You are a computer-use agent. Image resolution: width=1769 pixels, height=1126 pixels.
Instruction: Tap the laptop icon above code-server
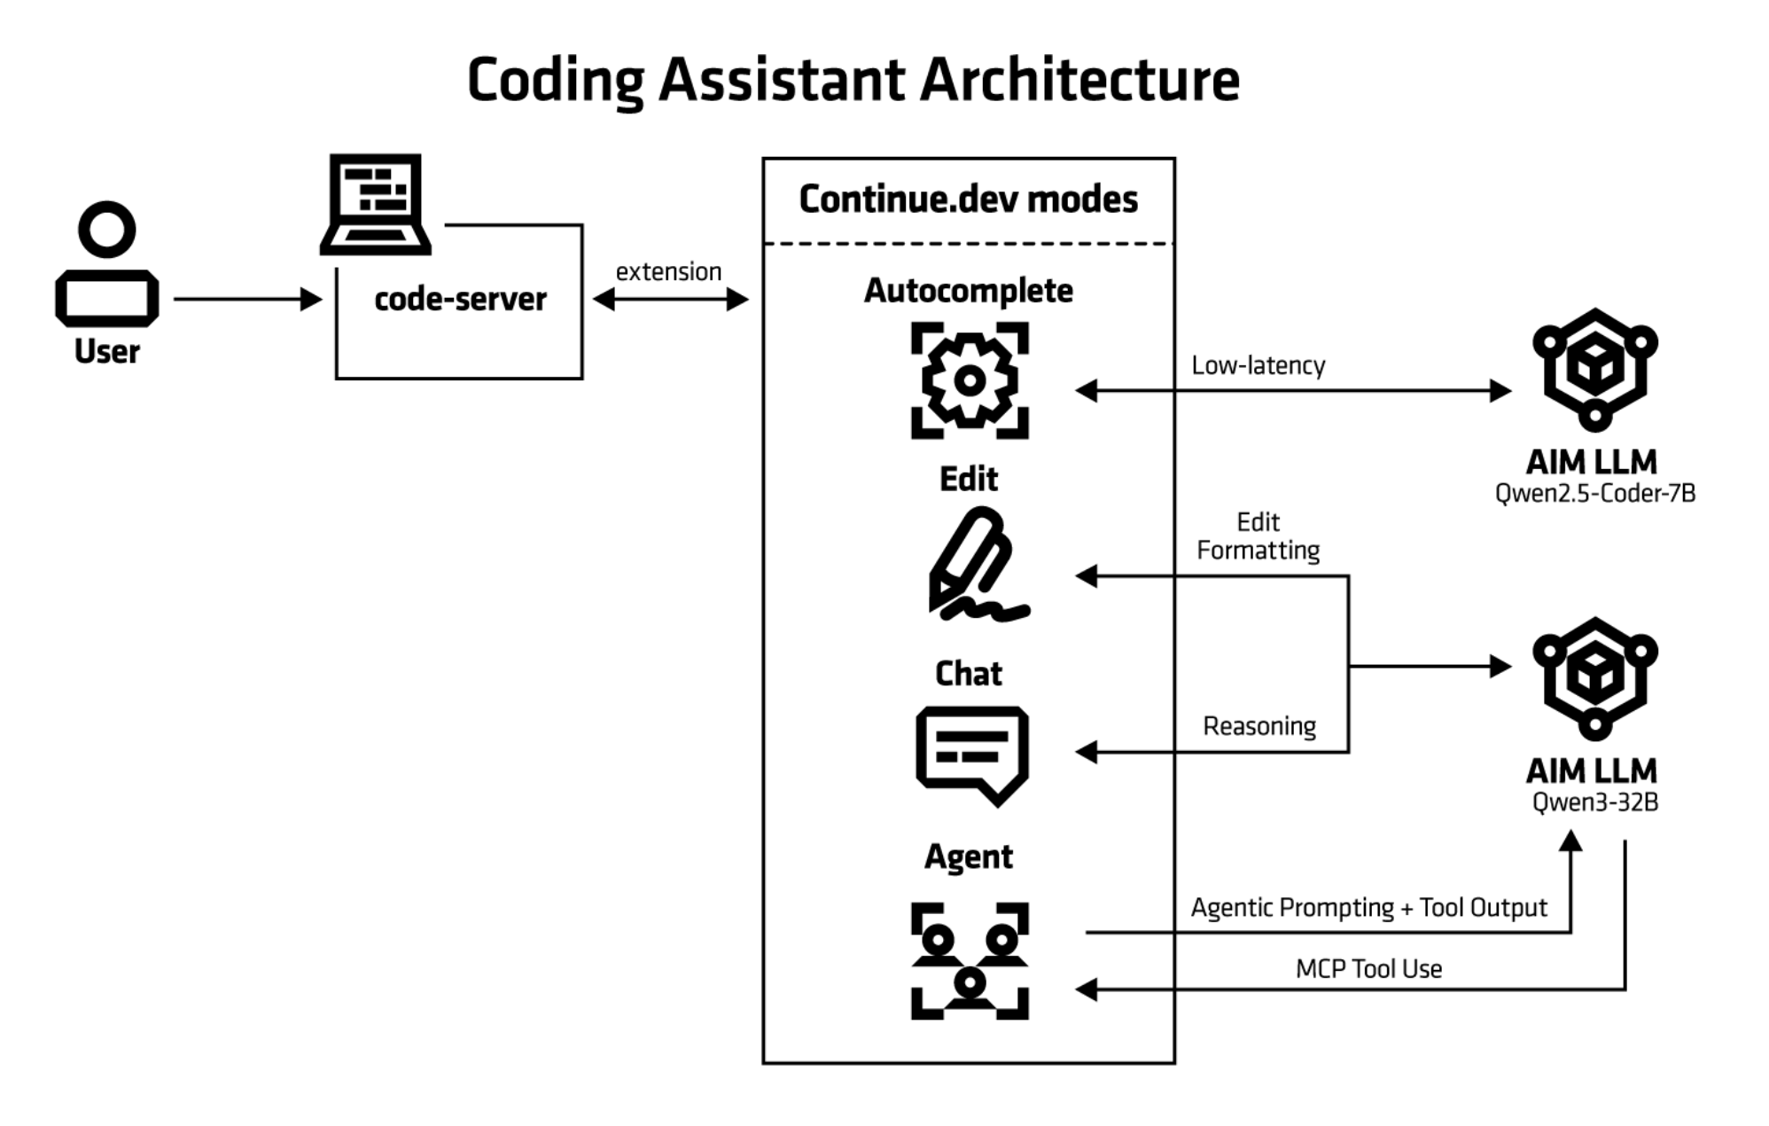(376, 205)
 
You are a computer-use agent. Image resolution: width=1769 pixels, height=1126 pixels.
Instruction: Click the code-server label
(460, 300)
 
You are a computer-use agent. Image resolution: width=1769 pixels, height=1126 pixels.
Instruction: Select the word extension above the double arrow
(668, 271)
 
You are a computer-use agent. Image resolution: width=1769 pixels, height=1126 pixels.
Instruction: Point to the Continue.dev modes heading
(968, 199)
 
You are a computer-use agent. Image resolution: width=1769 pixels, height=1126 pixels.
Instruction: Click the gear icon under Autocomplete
(970, 380)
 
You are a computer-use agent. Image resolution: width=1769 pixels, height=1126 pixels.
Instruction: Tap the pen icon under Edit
(973, 564)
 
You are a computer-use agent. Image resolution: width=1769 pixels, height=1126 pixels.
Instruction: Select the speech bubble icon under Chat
(972, 755)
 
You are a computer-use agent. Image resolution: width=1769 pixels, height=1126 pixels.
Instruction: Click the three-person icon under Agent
(970, 961)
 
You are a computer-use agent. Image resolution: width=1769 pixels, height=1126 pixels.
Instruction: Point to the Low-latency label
(1258, 365)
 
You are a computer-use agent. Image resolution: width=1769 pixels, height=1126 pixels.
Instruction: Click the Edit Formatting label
(1258, 536)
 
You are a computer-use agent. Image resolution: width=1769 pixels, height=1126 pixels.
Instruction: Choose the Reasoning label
(1259, 726)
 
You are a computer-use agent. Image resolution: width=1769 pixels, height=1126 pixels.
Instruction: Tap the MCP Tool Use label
(1368, 969)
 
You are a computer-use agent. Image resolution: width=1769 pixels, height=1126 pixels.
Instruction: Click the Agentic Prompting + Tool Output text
(1368, 908)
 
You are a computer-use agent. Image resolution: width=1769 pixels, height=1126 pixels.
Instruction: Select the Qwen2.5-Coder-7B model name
(1594, 494)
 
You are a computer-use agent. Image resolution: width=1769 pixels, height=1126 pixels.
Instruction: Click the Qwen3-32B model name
(1594, 802)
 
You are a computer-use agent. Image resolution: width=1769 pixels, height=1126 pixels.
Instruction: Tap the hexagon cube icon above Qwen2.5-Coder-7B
(1594, 369)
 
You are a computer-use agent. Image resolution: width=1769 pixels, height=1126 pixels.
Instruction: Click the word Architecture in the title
(1079, 80)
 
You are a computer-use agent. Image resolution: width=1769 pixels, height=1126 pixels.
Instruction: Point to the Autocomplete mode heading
(968, 291)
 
